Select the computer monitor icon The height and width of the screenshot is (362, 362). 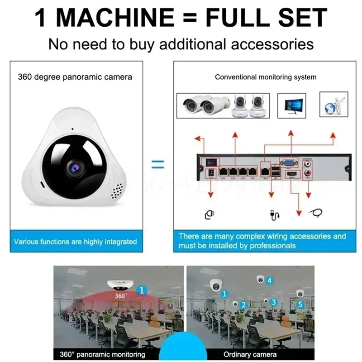tap(291, 105)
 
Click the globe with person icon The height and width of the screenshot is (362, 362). tap(333, 105)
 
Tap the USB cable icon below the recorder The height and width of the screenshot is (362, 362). tap(273, 214)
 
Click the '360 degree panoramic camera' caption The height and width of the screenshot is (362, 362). tap(75, 77)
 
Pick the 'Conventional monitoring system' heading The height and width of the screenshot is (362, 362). tap(266, 77)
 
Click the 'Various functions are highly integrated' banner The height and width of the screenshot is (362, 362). tap(75, 242)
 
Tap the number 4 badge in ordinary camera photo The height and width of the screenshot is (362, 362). tap(270, 281)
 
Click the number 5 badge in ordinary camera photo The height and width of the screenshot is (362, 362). tap(300, 305)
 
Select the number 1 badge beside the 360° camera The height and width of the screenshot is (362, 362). tap(142, 290)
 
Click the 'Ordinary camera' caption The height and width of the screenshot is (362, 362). tap(250, 354)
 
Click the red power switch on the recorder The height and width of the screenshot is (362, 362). tap(210, 160)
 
